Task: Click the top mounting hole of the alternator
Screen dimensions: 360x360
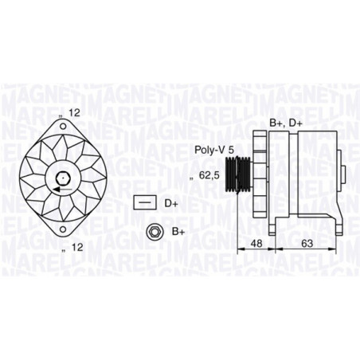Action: (63, 127)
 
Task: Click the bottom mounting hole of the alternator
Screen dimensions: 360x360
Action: (63, 229)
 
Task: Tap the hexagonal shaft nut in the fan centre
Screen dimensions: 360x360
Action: (63, 178)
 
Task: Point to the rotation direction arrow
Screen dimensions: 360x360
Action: (63, 190)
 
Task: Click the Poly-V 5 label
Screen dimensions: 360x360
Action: (214, 150)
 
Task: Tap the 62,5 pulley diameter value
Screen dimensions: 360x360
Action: (209, 175)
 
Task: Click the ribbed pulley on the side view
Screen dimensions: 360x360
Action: (238, 174)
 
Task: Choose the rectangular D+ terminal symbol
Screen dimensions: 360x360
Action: (145, 203)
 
